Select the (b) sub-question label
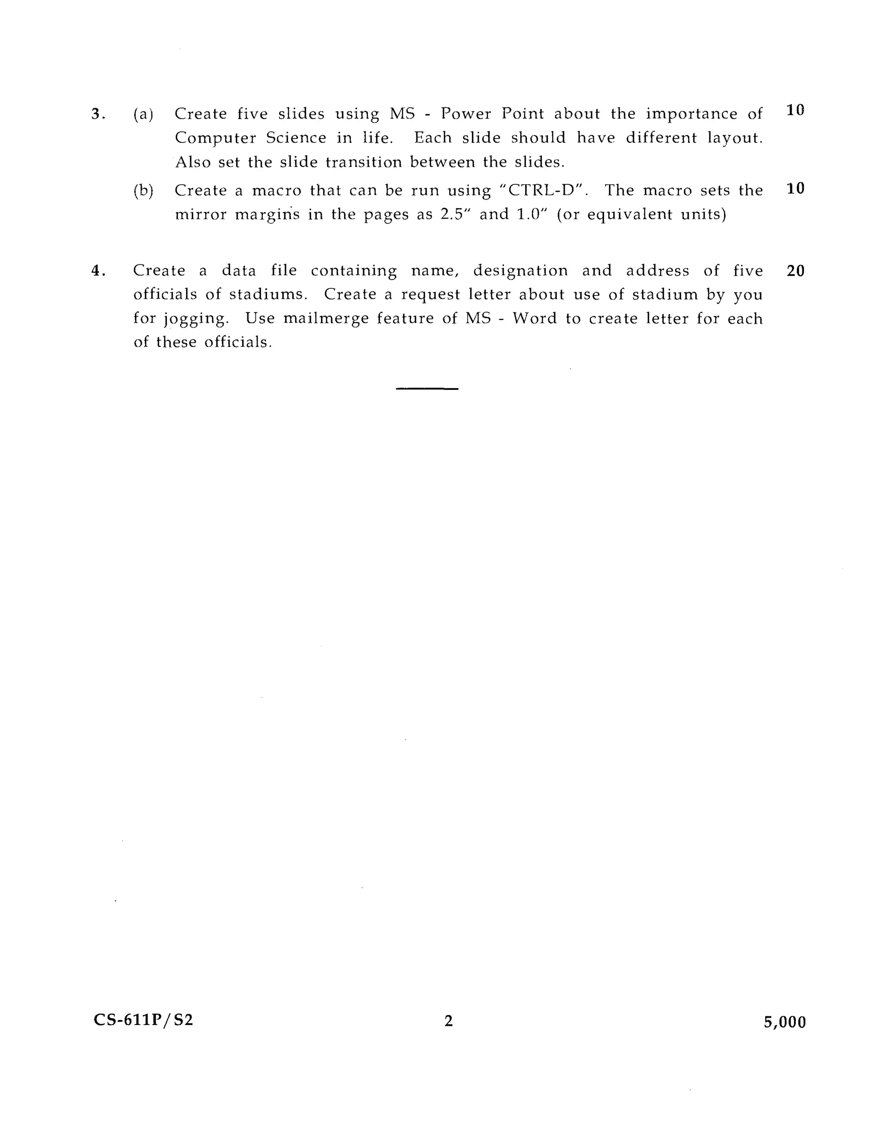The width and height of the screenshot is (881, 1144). pos(143,191)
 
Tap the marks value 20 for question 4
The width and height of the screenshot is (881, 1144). pos(795,271)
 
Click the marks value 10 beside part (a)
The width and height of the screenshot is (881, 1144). pos(795,110)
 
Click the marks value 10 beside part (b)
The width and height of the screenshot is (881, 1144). pos(795,189)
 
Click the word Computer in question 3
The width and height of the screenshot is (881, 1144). pos(215,138)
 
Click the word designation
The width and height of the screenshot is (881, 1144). pos(521,271)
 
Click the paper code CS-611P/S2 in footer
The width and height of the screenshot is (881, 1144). pos(143,1020)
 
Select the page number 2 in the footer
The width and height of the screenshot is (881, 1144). pos(448,1020)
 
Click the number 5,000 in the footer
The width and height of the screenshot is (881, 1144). pos(785,1022)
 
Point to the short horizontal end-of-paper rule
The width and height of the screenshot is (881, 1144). pos(427,389)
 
